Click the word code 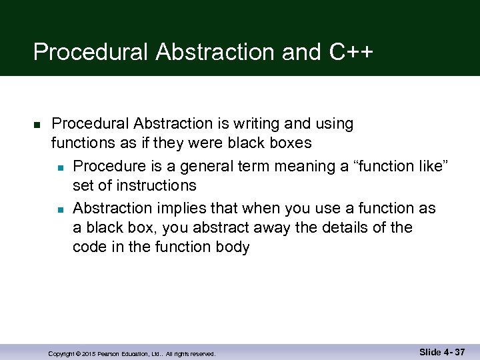[88, 247]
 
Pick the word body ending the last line [232, 247]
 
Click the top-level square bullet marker [37, 125]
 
